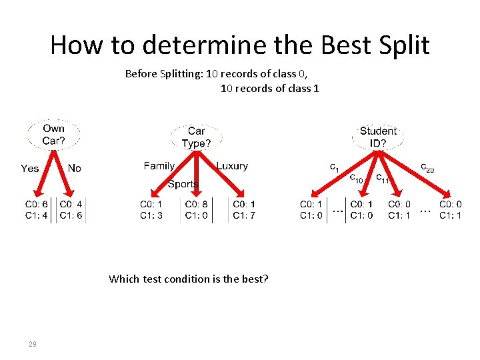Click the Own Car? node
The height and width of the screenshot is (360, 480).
(53, 134)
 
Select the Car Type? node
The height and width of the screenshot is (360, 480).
(196, 137)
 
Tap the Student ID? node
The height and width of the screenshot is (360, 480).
(377, 137)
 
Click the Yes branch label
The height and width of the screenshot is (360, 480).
(30, 168)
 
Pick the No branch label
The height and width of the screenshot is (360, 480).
(74, 168)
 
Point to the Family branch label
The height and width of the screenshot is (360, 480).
(159, 166)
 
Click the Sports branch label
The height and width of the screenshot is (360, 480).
(183, 184)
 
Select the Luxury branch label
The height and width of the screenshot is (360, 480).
(232, 166)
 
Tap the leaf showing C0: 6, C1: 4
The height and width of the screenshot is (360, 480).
(36, 209)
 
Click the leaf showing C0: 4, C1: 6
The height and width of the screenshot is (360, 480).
(71, 209)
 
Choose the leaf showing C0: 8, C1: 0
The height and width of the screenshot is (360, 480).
(196, 209)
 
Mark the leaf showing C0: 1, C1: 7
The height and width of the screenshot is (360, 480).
(244, 209)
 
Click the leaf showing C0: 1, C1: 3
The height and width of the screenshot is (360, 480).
(151, 209)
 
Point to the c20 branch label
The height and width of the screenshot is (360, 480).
(427, 168)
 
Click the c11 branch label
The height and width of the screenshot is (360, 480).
(383, 178)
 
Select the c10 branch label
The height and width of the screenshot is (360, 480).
(357, 178)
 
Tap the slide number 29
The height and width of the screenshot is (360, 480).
(32, 344)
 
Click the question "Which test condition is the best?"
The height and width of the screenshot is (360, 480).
(189, 279)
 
